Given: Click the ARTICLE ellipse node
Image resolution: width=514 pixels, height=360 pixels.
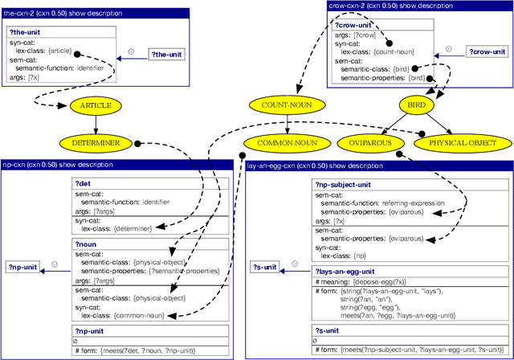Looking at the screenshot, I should tap(96, 105).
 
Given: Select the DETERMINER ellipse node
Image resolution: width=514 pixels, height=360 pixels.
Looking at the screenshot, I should tap(96, 142).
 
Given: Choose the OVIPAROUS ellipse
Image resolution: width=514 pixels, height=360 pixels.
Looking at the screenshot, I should tap(373, 142).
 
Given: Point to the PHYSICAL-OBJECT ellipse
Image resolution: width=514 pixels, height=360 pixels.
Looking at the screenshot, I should tap(461, 142).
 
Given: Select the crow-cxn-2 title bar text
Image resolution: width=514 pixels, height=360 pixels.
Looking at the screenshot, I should tap(385, 5).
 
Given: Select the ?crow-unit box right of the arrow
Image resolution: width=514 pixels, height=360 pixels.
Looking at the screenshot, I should tap(488, 51).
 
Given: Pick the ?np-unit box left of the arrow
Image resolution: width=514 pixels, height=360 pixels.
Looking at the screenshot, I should tap(22, 267).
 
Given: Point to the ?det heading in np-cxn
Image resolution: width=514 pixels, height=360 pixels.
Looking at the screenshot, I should tap(84, 184).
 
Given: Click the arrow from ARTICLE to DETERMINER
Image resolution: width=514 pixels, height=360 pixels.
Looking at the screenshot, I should tap(96, 124).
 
